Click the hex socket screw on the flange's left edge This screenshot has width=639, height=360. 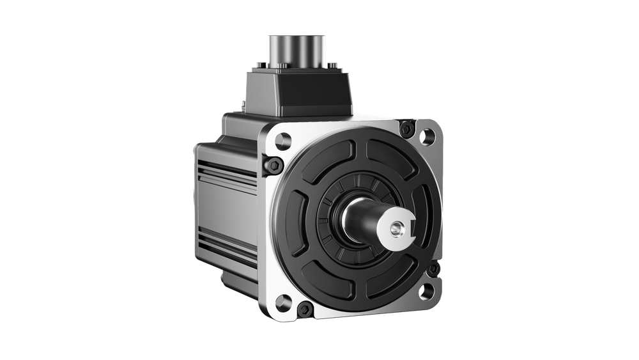[x=274, y=165]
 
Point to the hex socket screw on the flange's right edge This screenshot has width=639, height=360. [x=434, y=269]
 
